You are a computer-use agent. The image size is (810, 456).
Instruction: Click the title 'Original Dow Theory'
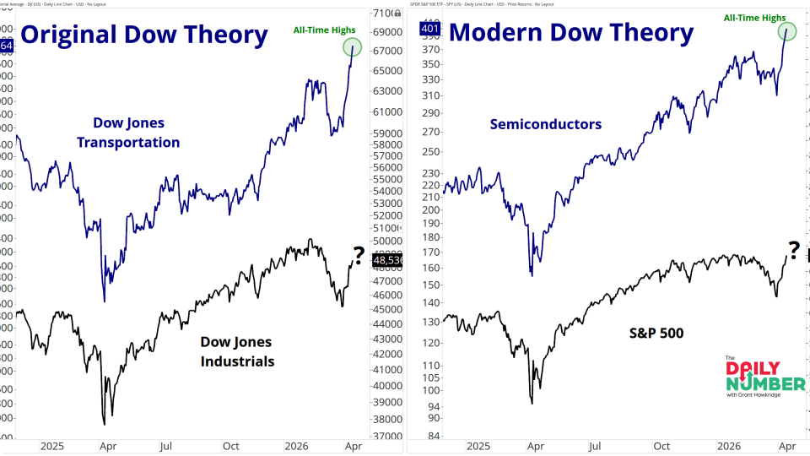143,35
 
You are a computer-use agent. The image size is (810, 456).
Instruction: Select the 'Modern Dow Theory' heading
571,34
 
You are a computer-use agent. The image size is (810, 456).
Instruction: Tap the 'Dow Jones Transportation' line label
128,132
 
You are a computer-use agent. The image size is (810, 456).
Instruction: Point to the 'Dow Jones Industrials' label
236,351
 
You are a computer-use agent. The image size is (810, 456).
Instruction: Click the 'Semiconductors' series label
546,124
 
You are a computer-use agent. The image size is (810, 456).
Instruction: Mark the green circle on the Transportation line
353,48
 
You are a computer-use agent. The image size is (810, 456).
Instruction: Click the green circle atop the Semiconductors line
787,32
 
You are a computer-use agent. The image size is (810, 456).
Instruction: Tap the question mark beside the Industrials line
358,252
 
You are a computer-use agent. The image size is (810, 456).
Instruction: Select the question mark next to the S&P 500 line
793,248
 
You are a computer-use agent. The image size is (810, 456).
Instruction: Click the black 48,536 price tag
387,261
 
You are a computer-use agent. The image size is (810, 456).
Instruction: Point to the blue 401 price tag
429,30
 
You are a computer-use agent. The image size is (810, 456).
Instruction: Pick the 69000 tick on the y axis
387,31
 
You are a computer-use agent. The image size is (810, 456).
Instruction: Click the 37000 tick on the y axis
387,436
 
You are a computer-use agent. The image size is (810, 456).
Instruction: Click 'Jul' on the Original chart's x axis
166,446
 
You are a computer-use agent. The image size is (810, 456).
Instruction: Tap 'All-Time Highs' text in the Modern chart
754,18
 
